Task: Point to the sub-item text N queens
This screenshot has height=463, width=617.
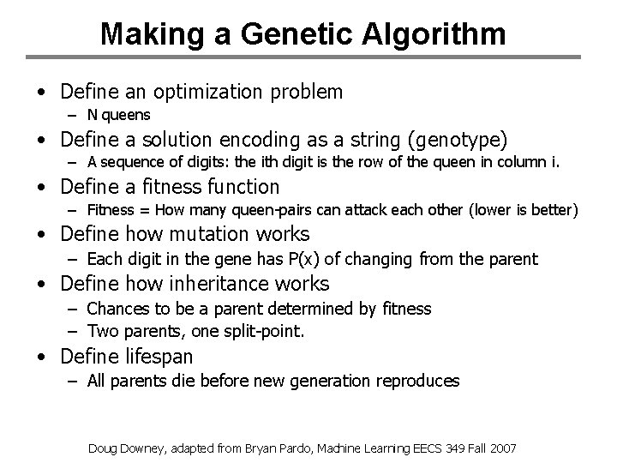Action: pos(117,114)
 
